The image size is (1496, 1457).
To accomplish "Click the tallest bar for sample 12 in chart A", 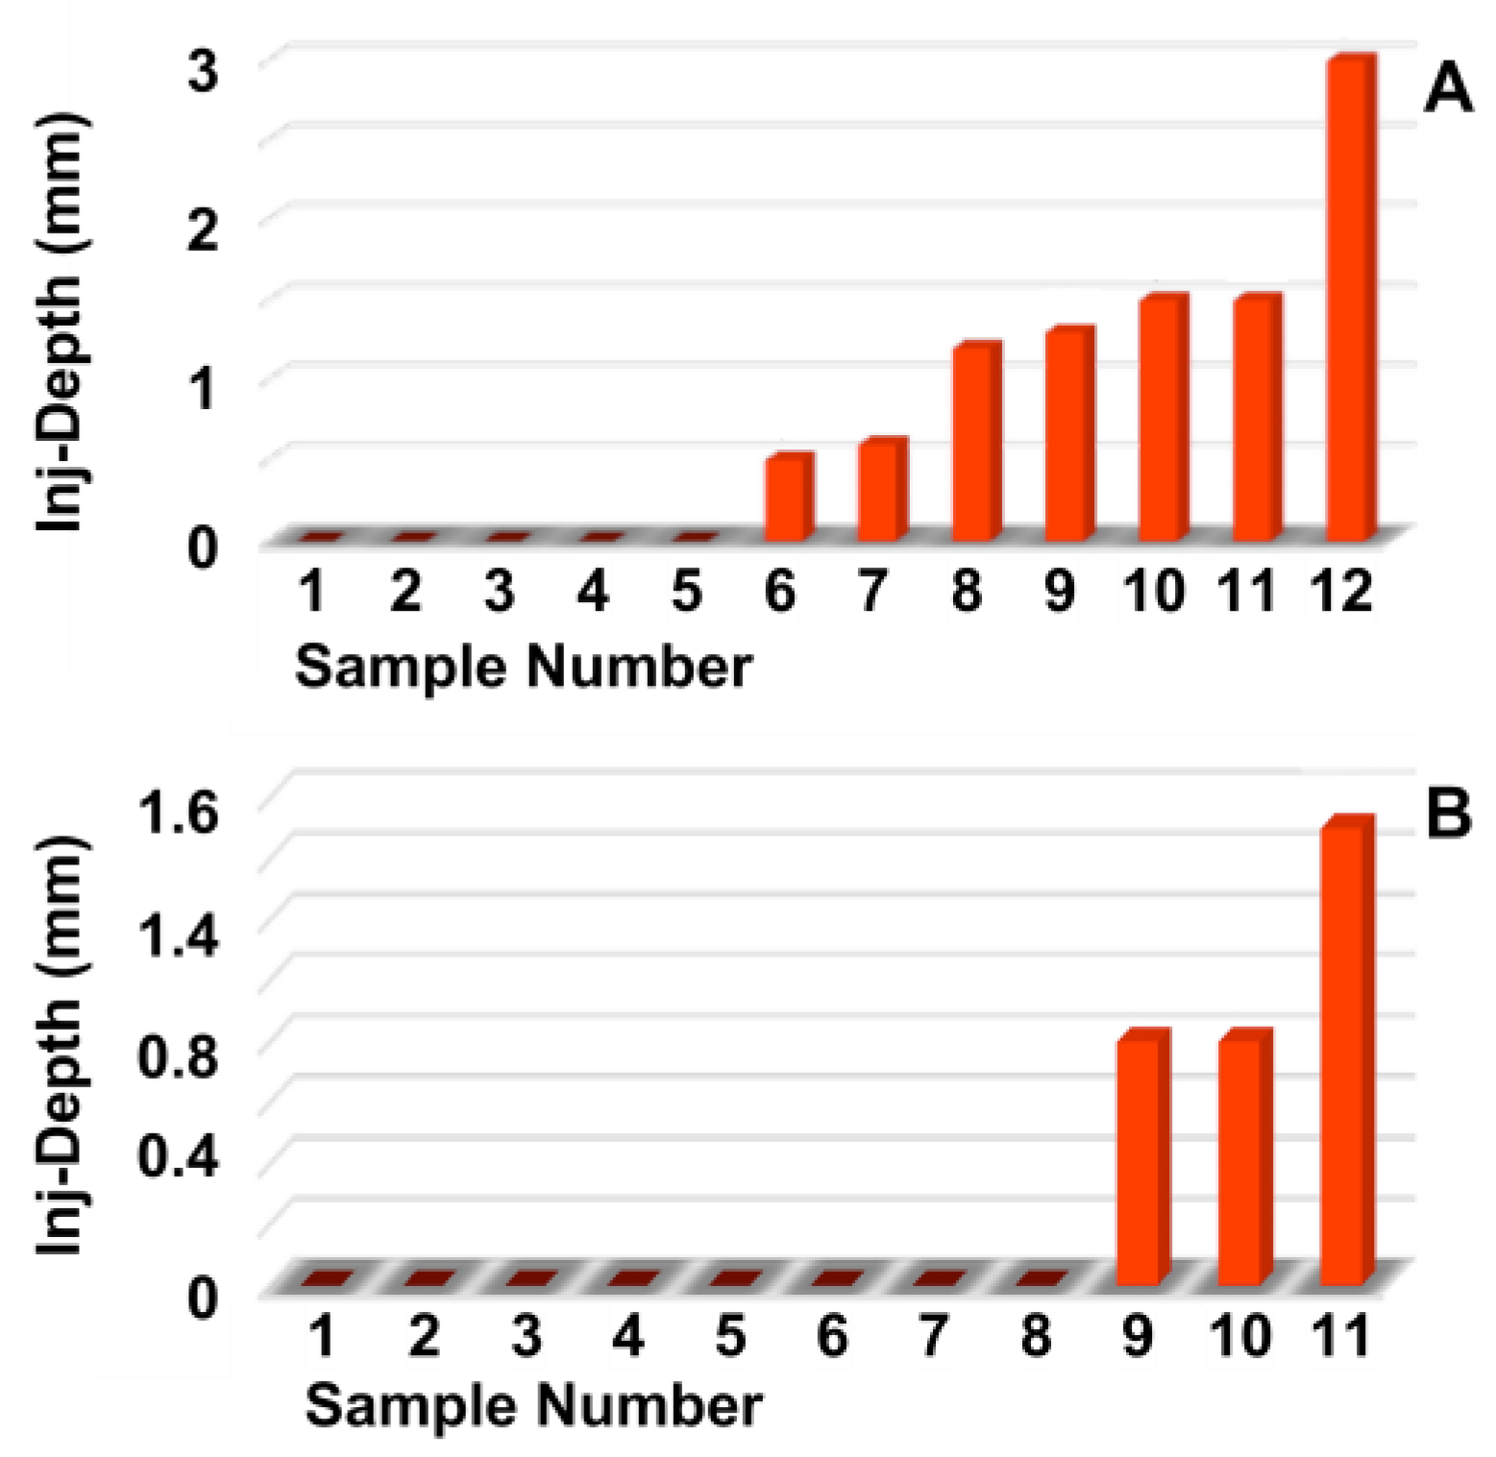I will point(1349,298).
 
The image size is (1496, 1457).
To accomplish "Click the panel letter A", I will point(1447,89).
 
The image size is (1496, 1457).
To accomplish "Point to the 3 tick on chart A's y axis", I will point(202,70).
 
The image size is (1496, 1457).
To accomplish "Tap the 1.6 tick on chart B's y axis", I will point(179,814).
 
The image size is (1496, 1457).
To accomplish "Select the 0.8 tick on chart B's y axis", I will point(179,1056).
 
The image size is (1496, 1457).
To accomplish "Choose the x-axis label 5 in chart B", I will point(730,1336).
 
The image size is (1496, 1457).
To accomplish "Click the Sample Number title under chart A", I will point(523,666).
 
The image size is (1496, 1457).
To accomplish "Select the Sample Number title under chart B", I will point(533,1405).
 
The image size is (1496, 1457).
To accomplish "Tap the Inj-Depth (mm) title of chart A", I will point(61,322).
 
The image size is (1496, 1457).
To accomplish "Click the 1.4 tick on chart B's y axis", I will point(179,935).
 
